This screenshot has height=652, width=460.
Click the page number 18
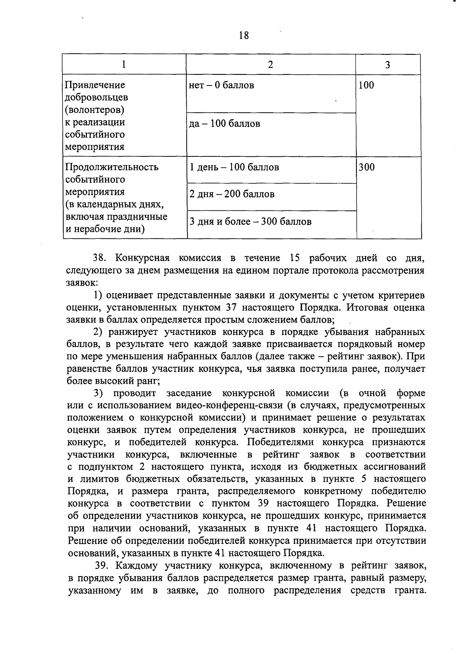pos(243,36)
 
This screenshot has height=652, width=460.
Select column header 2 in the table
pos(271,65)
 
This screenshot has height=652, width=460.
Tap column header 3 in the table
pos(388,65)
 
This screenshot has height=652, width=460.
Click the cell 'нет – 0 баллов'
pos(222,85)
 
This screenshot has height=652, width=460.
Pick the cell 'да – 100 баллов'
pos(225,124)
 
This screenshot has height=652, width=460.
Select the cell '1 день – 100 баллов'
pos(234,168)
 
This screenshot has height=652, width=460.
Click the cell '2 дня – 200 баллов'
pos(232,194)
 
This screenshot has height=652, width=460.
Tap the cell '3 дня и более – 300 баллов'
pos(250,222)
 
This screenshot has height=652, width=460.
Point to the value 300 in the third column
pos(366,168)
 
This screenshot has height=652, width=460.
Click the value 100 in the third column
pos(366,85)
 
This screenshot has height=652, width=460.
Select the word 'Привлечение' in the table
pos(95,85)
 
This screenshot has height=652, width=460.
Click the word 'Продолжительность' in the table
pos(112,168)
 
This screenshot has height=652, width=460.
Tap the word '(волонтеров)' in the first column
pos(95,110)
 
